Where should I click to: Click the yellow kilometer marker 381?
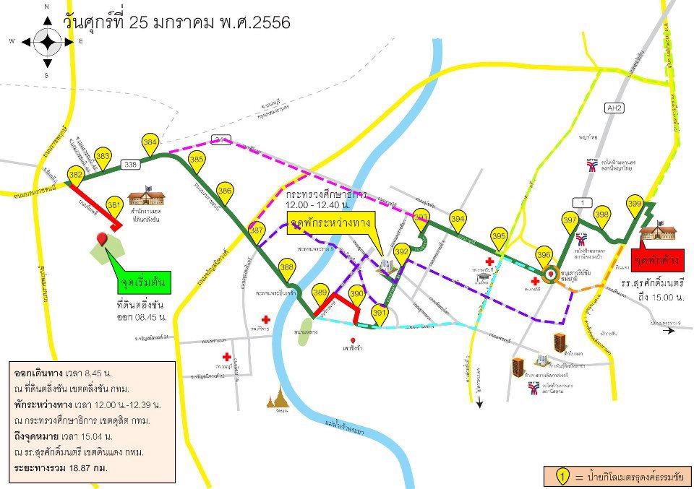(114, 205)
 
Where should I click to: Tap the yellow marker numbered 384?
(150, 142)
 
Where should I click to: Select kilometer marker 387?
(257, 230)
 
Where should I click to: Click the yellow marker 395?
(499, 235)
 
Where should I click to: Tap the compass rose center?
(47, 42)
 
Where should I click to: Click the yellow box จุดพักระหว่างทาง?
(330, 222)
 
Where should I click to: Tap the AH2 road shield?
(614, 108)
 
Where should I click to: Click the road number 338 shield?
(130, 165)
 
